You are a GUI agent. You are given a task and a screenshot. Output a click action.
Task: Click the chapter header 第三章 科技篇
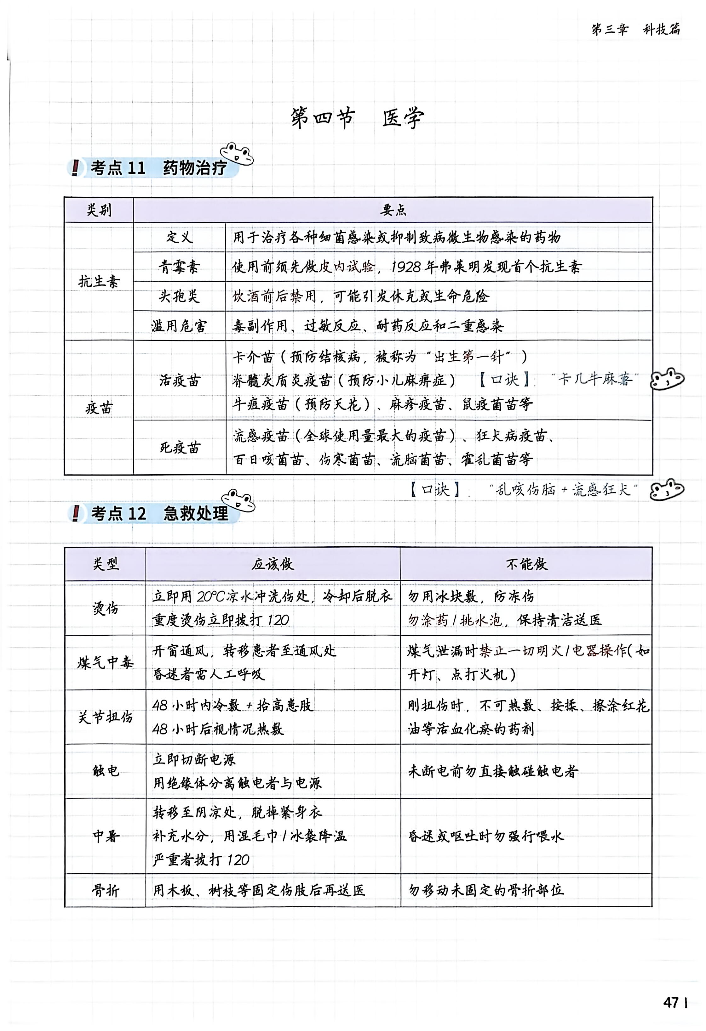click(x=635, y=29)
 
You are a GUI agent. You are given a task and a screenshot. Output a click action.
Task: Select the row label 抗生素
click(x=99, y=281)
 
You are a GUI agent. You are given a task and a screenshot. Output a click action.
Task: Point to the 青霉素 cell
click(x=179, y=267)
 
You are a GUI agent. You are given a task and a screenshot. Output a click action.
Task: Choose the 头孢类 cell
click(x=179, y=296)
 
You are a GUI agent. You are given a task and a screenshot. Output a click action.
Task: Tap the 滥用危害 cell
click(x=179, y=326)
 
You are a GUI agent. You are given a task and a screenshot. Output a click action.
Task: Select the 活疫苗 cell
click(x=179, y=380)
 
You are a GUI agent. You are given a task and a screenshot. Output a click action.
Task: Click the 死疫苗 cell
click(x=179, y=447)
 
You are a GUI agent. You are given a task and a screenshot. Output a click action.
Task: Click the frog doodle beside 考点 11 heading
click(x=237, y=154)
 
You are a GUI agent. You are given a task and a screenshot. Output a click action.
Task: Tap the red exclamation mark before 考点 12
click(x=76, y=513)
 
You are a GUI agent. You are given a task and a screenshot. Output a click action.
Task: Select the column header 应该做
click(x=273, y=564)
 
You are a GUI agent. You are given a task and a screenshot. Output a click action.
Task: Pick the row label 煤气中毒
click(x=105, y=662)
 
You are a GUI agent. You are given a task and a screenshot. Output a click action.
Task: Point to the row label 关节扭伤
click(x=105, y=717)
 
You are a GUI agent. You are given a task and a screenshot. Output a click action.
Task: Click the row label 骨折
click(x=105, y=890)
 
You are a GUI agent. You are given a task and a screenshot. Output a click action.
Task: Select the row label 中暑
click(x=105, y=836)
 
